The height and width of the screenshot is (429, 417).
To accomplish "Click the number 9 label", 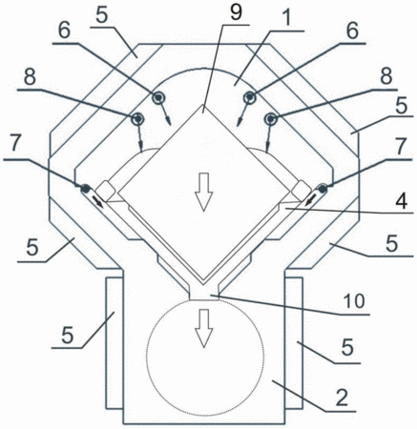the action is point(236,12).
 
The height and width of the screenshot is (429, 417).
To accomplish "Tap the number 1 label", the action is point(286,19).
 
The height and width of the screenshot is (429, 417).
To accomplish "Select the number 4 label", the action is point(401,201).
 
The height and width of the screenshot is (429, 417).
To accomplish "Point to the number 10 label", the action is point(355,301).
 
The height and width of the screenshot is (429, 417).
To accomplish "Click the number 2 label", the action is point(342,398).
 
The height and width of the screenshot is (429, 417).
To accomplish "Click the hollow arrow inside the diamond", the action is point(203,192).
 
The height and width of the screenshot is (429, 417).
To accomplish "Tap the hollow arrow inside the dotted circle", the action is point(203,328).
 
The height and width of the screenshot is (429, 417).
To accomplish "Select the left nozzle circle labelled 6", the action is point(157,97).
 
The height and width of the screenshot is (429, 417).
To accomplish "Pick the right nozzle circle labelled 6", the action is point(249,97).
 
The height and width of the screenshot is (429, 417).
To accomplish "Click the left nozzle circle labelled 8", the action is point(137,119).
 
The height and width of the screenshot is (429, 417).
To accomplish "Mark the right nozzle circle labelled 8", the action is point(270,119).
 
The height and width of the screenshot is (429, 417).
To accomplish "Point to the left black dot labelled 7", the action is point(85,189).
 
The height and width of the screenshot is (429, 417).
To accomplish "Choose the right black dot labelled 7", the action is point(323,189).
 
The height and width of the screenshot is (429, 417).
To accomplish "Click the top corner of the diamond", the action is point(203,105).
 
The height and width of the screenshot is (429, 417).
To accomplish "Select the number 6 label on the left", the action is point(64,31).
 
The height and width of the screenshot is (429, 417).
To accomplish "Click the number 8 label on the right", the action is point(386,76).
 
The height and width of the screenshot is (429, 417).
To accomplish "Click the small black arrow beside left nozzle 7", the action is point(97,202).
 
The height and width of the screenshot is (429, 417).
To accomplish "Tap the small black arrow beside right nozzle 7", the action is point(310,200).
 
